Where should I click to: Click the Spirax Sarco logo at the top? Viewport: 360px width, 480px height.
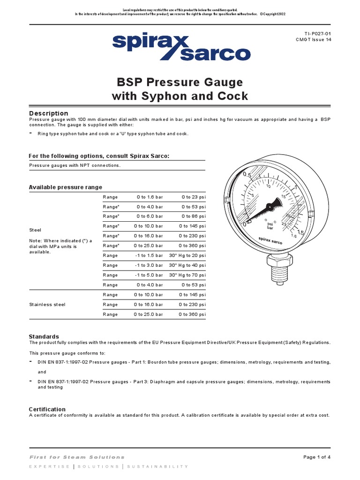(180, 48)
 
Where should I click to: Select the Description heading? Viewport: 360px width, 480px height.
(48, 113)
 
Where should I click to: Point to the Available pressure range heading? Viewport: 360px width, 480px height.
(65, 187)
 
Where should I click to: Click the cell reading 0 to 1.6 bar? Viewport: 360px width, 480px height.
(150, 197)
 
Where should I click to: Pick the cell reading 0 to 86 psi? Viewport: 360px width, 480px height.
(194, 217)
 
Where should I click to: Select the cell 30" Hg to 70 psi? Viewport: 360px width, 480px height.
(187, 275)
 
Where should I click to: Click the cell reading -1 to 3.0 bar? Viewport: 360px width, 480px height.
(149, 265)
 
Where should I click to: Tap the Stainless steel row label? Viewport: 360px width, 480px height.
(47, 305)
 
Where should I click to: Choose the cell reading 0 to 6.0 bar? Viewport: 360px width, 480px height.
(150, 217)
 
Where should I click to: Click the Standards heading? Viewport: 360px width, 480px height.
(44, 337)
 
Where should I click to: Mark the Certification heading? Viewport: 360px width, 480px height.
(47, 409)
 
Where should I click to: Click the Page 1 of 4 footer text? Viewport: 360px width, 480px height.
(317, 457)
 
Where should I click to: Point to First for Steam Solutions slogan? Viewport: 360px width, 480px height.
(77, 457)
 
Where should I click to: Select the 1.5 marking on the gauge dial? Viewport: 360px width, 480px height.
(301, 232)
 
